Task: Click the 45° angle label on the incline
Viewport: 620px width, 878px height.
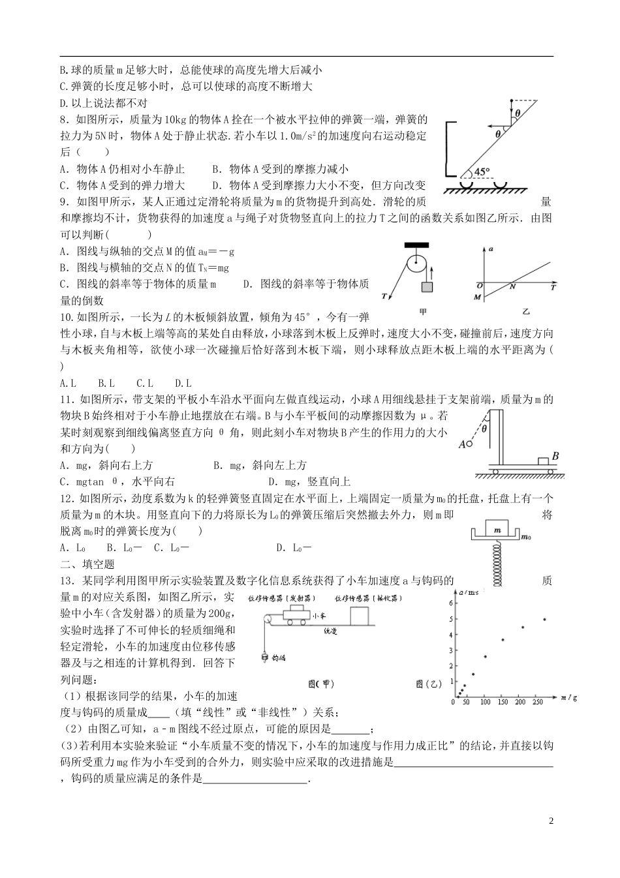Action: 482,172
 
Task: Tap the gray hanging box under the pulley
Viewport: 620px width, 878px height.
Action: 428,287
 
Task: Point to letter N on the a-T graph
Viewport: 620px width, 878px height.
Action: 512,285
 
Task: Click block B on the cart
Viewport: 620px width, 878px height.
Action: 543,462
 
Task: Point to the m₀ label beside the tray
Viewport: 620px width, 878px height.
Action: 526,536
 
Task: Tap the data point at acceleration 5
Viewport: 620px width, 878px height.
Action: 544,619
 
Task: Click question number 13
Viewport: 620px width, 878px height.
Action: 66,581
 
